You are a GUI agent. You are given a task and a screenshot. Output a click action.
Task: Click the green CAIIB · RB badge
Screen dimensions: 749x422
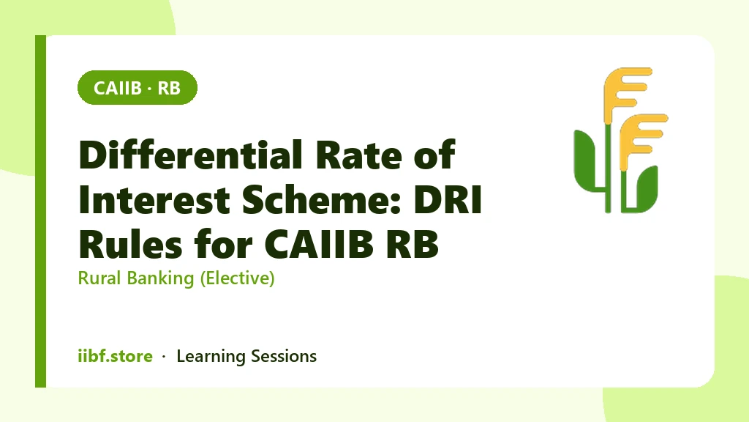point(137,88)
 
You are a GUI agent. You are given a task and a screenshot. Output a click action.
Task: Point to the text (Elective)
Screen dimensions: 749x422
point(237,278)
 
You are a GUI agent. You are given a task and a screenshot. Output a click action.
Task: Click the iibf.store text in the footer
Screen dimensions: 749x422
point(115,356)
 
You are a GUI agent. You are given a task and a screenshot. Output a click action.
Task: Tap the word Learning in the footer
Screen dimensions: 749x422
point(211,357)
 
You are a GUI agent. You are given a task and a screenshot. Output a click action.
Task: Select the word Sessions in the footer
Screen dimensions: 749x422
point(284,357)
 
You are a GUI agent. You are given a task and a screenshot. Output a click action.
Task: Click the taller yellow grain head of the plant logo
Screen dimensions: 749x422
point(626,94)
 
